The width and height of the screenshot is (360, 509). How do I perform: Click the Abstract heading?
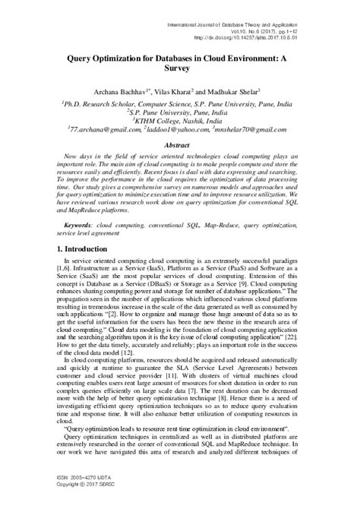179,143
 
